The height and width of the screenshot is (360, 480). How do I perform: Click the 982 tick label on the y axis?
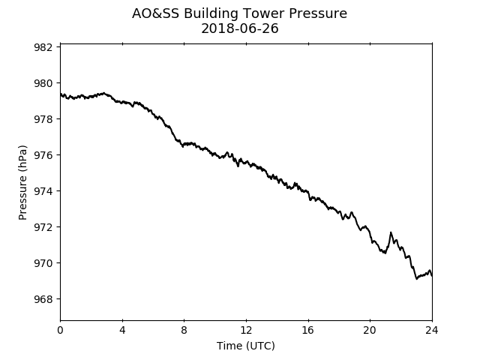click(43, 47)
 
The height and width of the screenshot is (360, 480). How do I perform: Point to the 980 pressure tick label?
click(43, 83)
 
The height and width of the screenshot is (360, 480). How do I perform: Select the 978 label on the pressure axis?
click(43, 119)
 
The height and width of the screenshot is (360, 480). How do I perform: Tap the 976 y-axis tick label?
click(43, 155)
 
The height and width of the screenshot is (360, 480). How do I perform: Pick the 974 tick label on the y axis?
click(43, 191)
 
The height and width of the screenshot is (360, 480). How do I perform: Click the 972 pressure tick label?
click(43, 227)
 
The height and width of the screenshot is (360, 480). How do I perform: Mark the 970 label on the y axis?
click(43, 263)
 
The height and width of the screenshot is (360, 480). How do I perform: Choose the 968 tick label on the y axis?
click(43, 299)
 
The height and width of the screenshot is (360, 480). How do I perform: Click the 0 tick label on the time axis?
click(60, 330)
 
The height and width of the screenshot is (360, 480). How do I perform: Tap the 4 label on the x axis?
click(122, 330)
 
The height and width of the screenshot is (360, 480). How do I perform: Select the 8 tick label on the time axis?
click(184, 330)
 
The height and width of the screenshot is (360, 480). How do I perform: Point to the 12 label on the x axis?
click(246, 330)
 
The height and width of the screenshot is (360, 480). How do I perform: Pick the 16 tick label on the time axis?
click(308, 330)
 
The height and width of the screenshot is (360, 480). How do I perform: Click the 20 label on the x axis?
click(370, 330)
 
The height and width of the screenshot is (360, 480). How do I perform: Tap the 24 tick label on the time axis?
click(432, 330)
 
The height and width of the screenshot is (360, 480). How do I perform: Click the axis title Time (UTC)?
click(246, 346)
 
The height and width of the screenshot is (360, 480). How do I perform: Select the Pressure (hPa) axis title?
click(22, 182)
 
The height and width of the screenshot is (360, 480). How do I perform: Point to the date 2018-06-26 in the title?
click(240, 28)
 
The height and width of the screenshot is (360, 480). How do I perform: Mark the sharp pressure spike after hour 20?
click(391, 232)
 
